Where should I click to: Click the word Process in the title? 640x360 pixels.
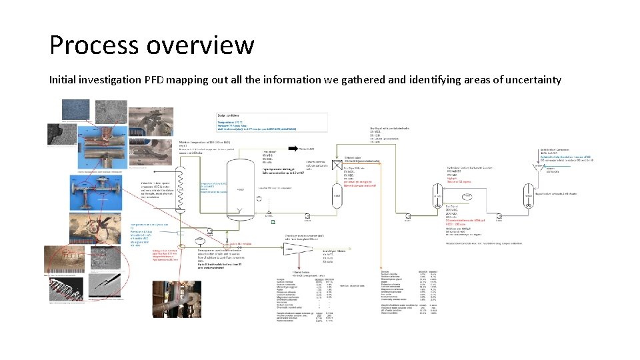tap(93, 45)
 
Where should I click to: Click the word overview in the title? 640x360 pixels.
tap(199, 45)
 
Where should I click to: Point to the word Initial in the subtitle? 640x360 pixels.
tap(66, 80)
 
